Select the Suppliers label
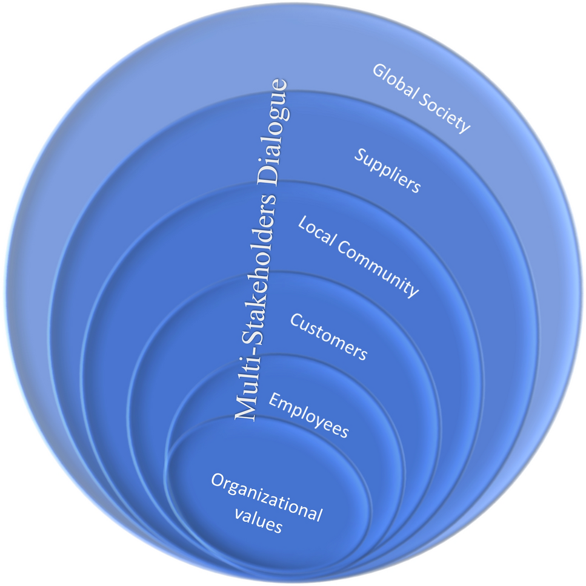[387, 172]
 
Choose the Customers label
[328, 337]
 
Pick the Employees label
[308, 415]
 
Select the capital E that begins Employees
[275, 400]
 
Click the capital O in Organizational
[219, 481]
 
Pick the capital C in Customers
[296, 320]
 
